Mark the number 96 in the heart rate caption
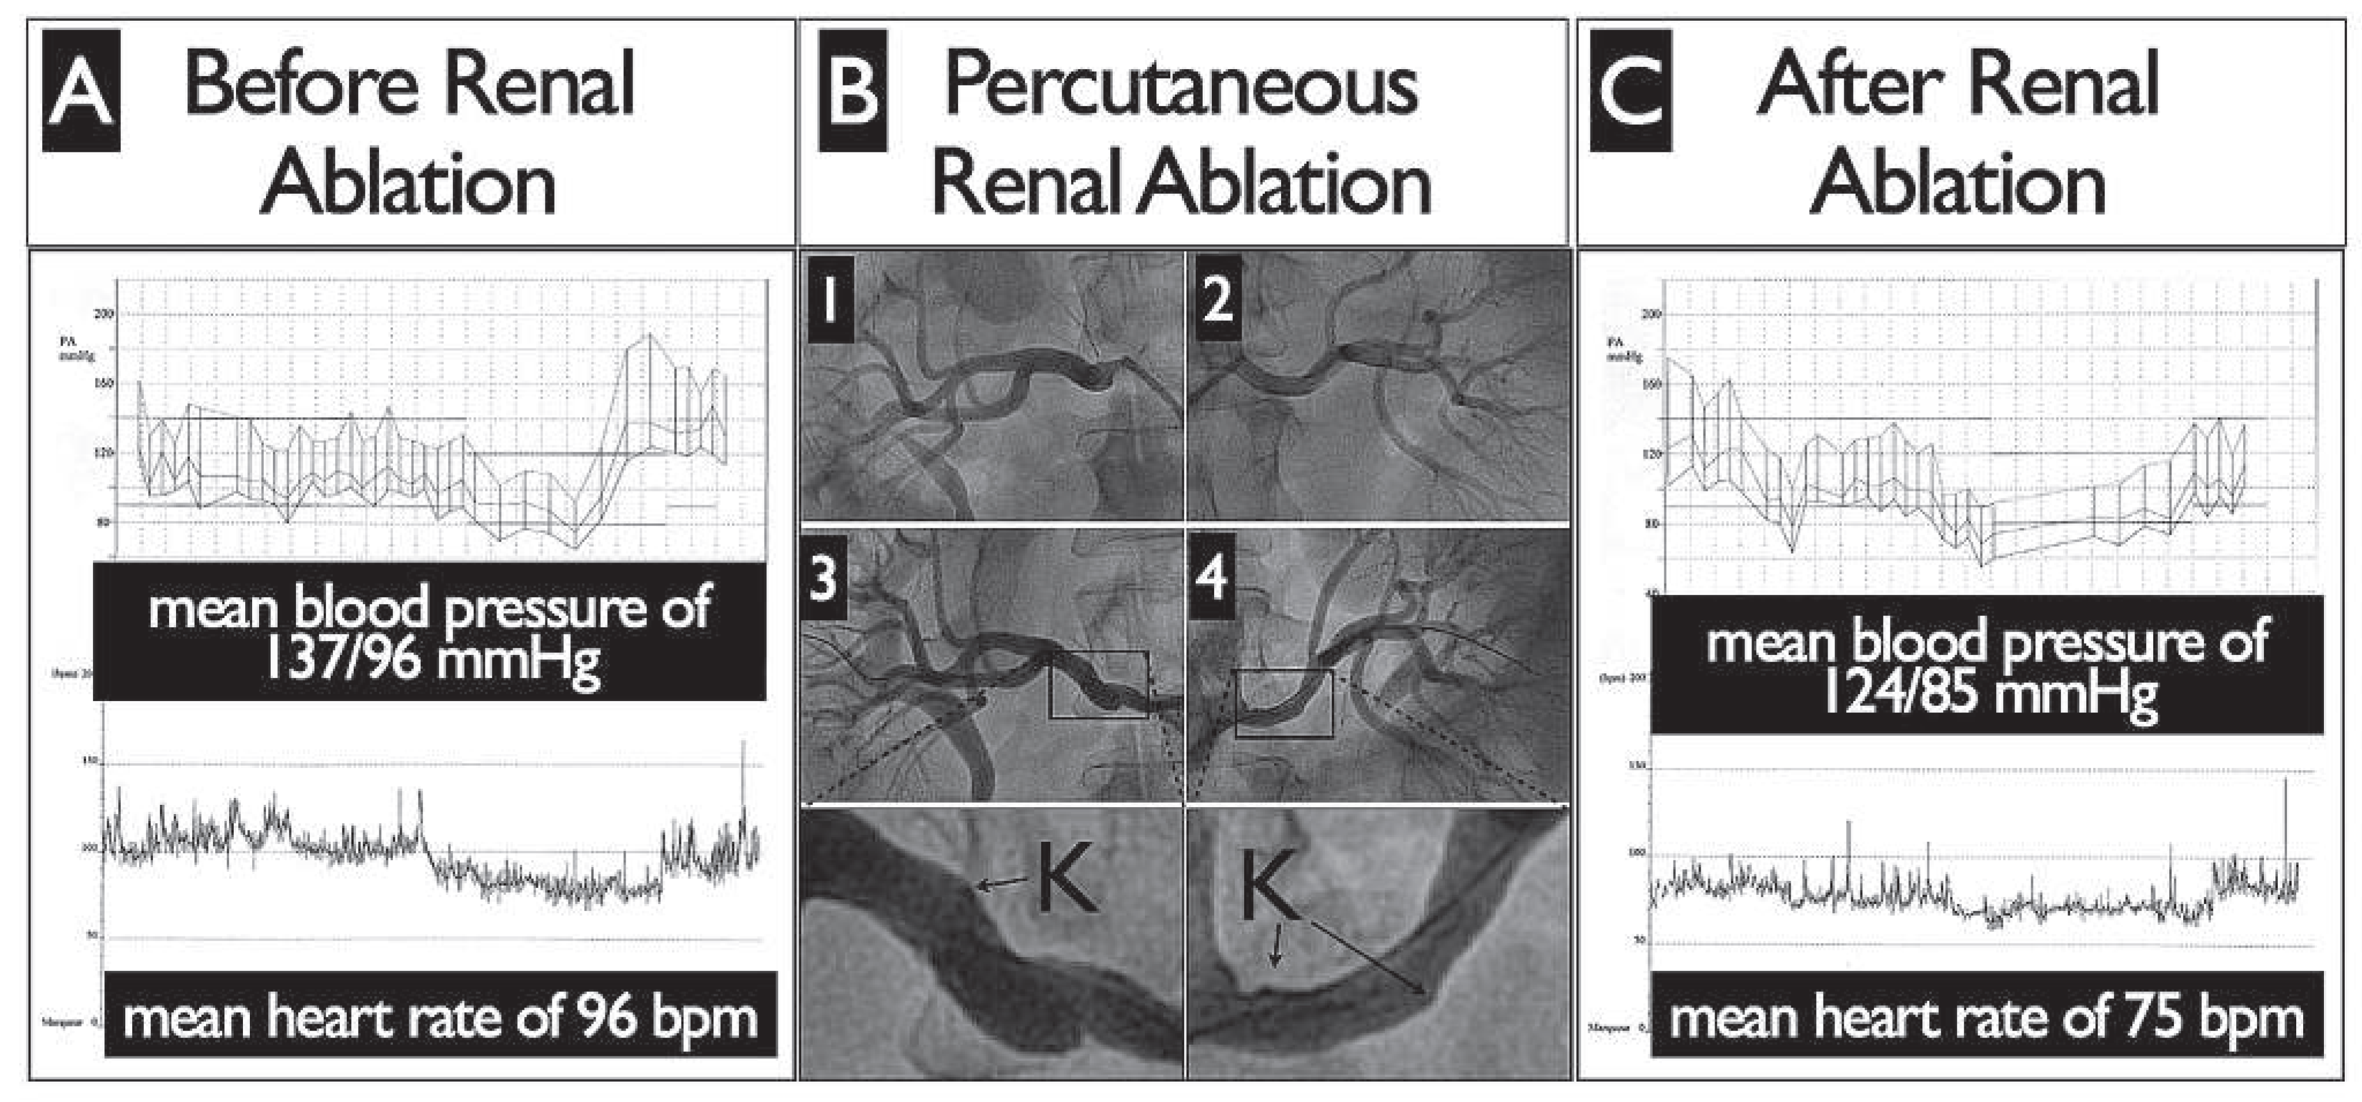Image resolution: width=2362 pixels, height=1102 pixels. point(606,1018)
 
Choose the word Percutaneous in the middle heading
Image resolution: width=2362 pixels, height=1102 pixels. point(1181,87)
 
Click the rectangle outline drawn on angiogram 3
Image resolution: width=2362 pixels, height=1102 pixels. point(1098,653)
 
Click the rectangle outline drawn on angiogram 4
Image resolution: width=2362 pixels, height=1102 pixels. point(1283,671)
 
